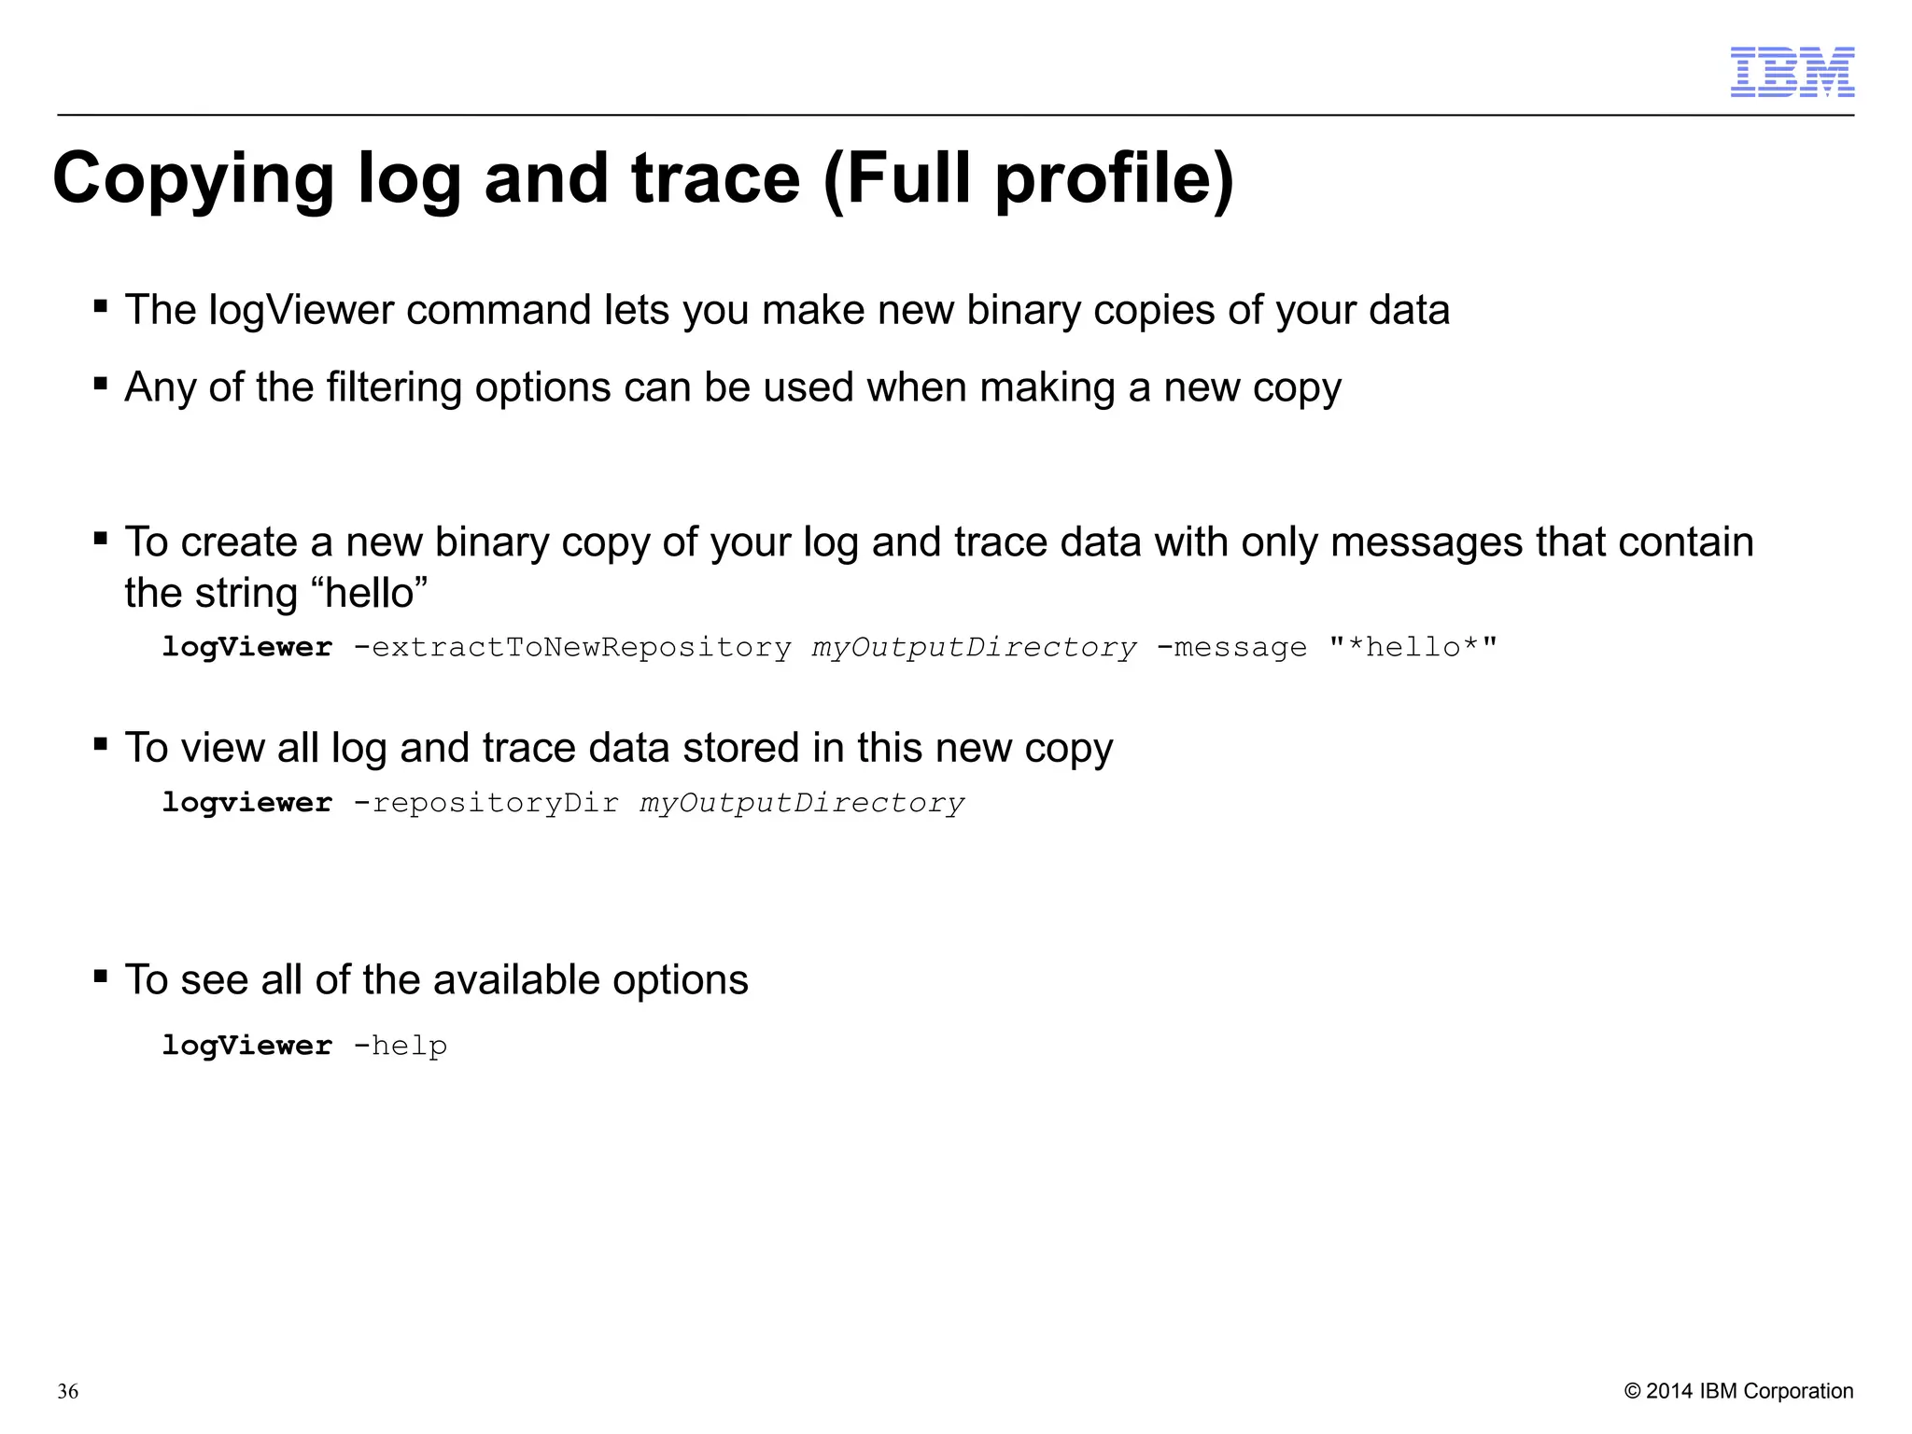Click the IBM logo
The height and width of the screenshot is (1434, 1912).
point(1792,72)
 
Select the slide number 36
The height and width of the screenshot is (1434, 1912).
point(68,1392)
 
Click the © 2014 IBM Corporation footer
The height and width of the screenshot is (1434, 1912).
point(1738,1391)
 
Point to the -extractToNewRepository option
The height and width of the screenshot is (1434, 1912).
point(572,647)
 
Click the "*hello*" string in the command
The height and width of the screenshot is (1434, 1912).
point(1413,647)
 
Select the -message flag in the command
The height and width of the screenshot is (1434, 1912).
point(1231,647)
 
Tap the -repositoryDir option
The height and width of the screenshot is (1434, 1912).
point(485,803)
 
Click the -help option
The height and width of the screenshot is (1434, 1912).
point(401,1046)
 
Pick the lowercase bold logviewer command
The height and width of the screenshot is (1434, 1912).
point(246,803)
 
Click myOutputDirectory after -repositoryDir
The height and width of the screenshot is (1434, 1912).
point(802,803)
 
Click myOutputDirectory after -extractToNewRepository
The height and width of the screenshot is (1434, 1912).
point(974,647)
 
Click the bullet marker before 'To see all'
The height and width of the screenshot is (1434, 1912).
point(101,977)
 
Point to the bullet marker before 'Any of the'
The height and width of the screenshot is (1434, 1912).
point(101,384)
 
